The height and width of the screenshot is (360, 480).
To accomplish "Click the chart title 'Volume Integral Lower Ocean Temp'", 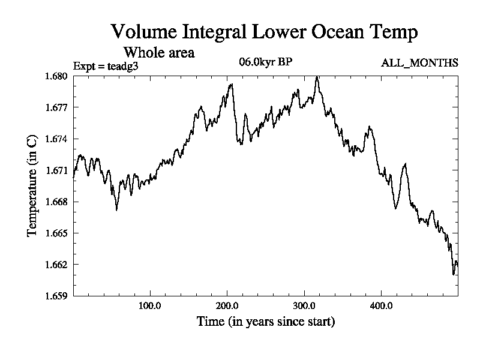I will tap(264, 32).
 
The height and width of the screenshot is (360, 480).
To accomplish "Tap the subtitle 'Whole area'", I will tap(158, 52).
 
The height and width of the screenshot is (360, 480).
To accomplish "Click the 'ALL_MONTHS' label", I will tap(420, 63).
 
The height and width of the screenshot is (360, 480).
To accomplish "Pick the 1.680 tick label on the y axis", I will tap(57, 76).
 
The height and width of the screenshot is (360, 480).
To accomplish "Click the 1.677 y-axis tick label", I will tap(57, 107).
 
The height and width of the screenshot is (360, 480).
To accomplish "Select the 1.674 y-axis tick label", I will tap(57, 139).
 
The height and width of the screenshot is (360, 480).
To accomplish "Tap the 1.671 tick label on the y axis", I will tap(57, 170).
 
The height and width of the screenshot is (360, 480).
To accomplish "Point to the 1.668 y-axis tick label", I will tap(57, 202).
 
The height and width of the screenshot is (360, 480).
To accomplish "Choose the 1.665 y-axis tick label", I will tap(57, 233).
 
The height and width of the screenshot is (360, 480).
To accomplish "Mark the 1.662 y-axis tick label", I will tap(57, 264).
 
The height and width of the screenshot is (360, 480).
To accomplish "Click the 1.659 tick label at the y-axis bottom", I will tap(57, 295).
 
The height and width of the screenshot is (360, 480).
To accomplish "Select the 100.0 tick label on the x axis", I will tap(149, 306).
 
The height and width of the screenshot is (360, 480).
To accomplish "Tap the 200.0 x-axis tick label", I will tap(227, 306).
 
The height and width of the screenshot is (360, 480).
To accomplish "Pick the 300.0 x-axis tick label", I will tap(304, 306).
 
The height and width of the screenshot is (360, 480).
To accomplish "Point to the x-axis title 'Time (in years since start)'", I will tap(266, 322).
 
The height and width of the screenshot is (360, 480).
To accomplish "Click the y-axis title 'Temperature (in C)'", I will tap(32, 185).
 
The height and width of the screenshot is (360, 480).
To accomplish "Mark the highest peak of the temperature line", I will tap(317, 77).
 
